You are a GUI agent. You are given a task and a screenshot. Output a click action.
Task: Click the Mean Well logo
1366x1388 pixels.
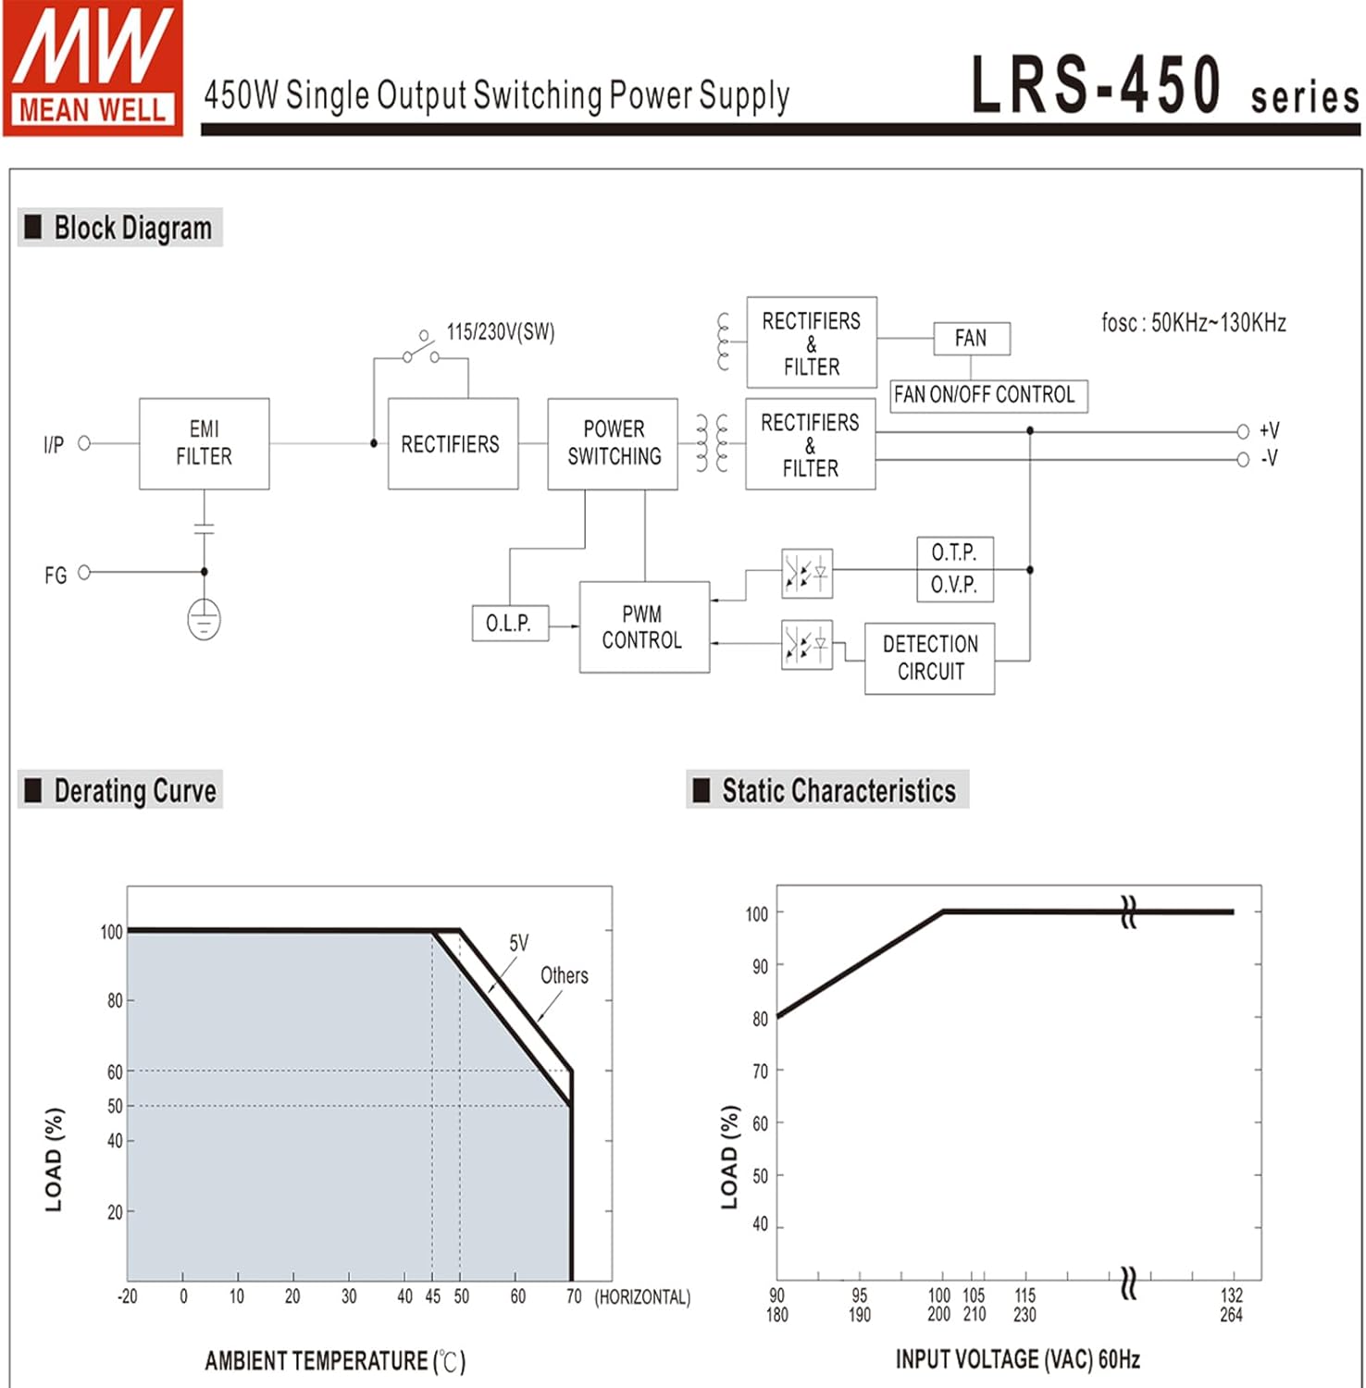(93, 68)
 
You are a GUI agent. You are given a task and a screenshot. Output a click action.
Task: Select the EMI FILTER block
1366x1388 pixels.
(204, 443)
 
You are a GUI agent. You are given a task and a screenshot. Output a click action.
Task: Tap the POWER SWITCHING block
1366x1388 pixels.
(613, 443)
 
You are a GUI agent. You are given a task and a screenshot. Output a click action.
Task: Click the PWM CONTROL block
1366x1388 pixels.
(643, 626)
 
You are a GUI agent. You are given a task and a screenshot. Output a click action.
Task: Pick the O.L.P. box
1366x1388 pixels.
(510, 623)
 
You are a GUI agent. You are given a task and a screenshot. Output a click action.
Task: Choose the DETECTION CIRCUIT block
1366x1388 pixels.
(929, 658)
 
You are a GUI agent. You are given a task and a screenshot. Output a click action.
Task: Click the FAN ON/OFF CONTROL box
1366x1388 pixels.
(987, 395)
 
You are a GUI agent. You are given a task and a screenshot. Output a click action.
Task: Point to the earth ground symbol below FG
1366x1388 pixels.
(204, 619)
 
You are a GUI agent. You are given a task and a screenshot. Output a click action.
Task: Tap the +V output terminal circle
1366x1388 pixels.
(1243, 431)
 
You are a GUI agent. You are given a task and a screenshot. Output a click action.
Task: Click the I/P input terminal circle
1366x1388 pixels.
(84, 443)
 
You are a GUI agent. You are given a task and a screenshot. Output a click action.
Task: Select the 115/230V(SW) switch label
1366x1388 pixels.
(501, 332)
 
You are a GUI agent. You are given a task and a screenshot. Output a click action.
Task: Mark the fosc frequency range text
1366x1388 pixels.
(1193, 323)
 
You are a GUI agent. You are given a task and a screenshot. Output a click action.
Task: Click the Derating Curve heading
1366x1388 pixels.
(134, 791)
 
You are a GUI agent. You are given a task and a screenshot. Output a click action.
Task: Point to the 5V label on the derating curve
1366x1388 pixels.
(519, 943)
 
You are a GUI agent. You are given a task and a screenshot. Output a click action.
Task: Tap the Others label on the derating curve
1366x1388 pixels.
(564, 975)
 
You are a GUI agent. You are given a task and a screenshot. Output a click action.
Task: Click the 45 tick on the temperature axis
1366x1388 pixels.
(432, 1296)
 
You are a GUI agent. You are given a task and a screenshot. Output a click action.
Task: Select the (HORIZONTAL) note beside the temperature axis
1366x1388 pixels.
(642, 1297)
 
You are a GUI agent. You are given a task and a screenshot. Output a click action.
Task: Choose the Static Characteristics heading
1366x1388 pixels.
(838, 791)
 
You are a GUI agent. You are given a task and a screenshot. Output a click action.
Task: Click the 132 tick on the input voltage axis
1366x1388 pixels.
(1232, 1295)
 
